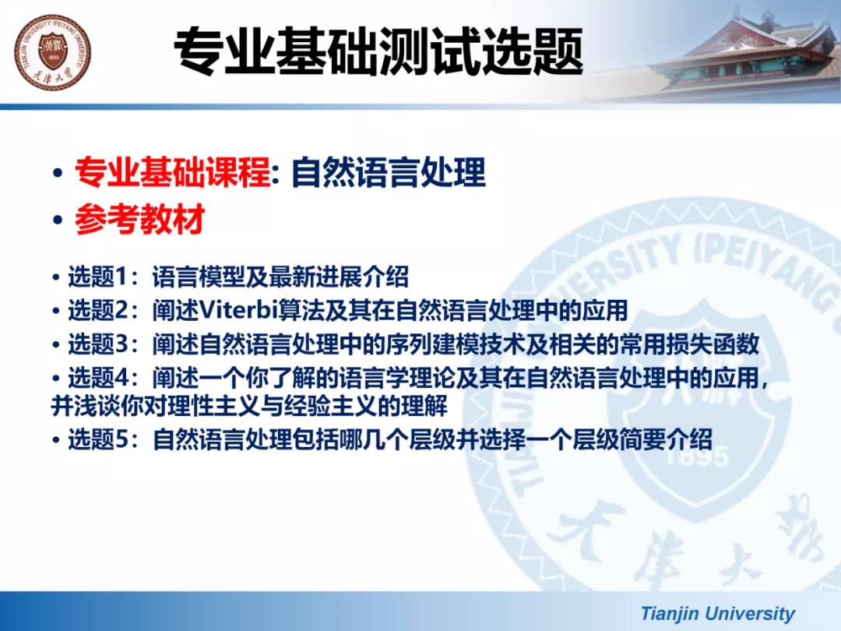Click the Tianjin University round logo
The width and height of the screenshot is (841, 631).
[53, 53]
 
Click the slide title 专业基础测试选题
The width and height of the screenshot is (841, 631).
[378, 51]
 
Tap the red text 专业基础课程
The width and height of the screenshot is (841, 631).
[173, 173]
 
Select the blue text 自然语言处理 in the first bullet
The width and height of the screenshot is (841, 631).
[389, 173]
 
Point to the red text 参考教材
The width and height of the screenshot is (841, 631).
[139, 219]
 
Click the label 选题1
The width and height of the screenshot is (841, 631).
[98, 277]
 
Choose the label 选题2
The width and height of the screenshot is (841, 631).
[98, 311]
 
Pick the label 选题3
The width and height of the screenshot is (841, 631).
[98, 344]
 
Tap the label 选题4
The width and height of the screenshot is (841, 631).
[98, 379]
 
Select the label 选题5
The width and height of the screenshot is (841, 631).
[98, 439]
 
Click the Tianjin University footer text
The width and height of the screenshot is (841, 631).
[718, 613]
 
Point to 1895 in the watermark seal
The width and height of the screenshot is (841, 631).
[697, 458]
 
